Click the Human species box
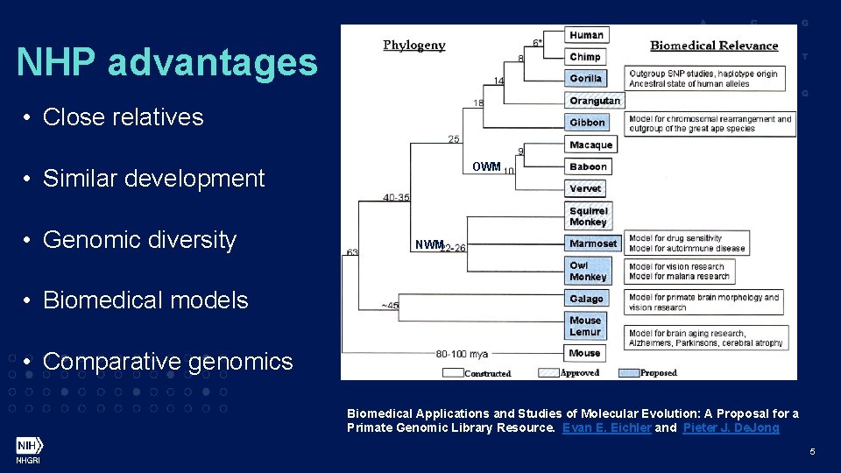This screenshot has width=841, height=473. tap(586, 35)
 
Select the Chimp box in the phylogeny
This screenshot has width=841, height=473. tap(585, 57)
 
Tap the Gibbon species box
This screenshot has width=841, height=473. tap(587, 123)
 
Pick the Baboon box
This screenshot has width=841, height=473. tap(588, 166)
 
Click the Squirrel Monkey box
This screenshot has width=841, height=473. tap(588, 216)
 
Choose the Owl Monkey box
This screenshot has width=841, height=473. tap(588, 272)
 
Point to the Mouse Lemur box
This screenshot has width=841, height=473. tap(585, 326)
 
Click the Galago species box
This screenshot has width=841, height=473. tap(586, 299)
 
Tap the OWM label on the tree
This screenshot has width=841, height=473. tap(486, 166)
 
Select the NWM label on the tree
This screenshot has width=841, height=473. tap(428, 245)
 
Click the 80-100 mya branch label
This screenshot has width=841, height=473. tap(463, 355)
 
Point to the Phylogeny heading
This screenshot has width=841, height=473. tap(413, 46)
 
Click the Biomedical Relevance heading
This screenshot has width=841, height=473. tap(714, 46)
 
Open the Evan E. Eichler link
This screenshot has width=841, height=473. tap(606, 427)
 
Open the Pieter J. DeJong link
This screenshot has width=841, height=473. tap(731, 427)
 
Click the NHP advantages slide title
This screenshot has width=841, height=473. tap(166, 62)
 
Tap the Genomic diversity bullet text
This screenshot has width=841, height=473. tap(139, 239)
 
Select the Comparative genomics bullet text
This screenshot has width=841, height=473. tap(167, 361)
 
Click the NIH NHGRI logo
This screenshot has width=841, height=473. tap(28, 449)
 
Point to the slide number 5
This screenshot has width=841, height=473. tap(812, 452)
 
